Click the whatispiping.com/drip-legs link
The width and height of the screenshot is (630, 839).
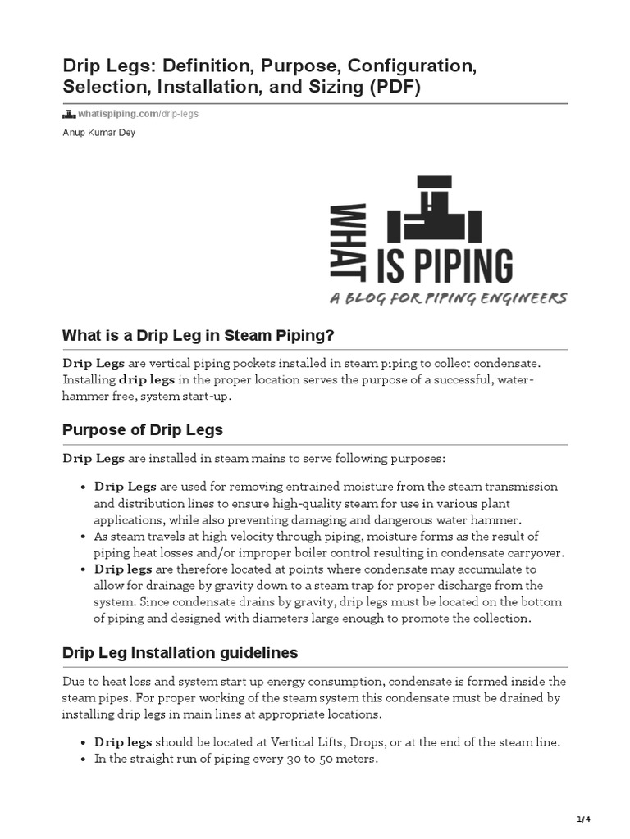pos(138,114)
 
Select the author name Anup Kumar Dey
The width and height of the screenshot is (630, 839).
pos(98,133)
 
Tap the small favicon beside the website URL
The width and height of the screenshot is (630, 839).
pos(69,114)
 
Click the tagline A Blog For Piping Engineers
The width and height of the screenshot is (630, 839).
pos(447,298)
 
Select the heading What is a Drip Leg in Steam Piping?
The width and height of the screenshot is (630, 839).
pos(199,337)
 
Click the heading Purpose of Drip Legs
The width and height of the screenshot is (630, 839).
pos(143,430)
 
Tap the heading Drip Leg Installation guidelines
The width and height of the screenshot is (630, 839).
pos(180,653)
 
